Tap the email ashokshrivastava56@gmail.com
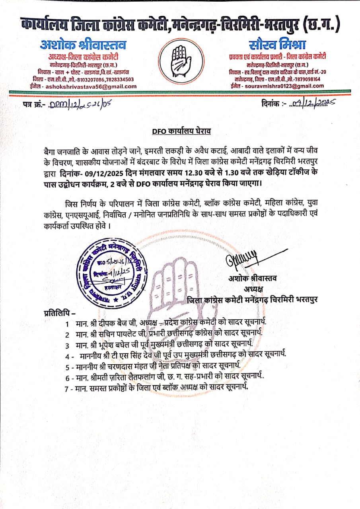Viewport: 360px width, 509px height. coord(91,86)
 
